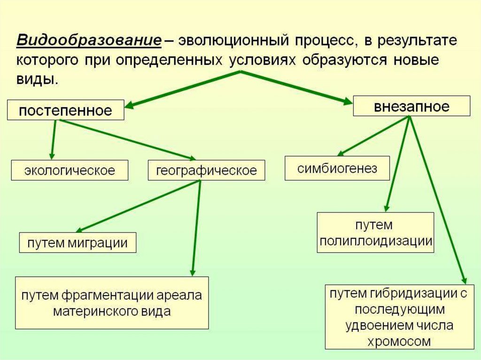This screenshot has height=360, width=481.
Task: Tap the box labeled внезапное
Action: (x=411, y=106)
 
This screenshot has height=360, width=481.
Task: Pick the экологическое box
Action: (x=70, y=170)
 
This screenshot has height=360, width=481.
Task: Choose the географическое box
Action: (x=207, y=170)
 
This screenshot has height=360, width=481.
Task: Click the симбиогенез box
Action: (x=337, y=168)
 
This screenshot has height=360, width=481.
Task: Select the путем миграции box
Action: (x=78, y=243)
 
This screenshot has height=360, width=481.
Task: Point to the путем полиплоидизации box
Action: (x=376, y=233)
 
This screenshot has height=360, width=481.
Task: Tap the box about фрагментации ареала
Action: (x=112, y=303)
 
